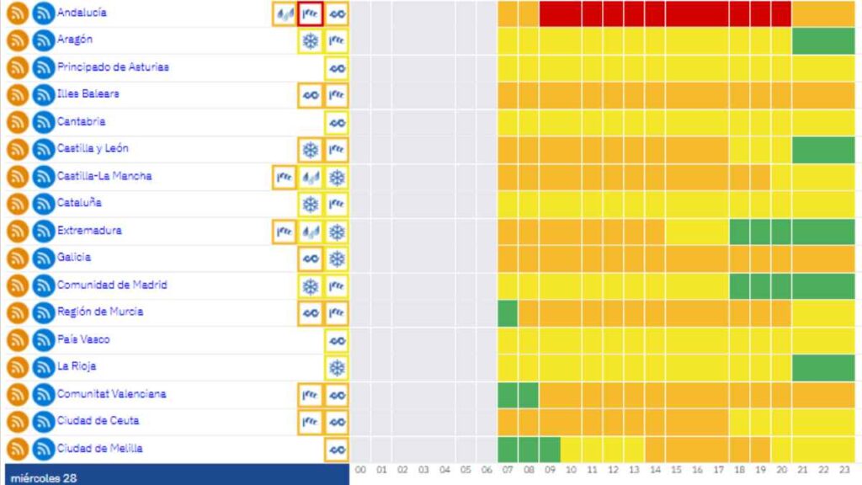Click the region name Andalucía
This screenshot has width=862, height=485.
pos(82,13)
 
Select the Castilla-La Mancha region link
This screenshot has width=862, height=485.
pos(104,177)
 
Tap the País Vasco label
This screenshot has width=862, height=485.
pos(83,339)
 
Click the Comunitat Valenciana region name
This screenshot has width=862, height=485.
pos(111,394)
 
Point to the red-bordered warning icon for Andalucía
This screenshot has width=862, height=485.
pos(311,13)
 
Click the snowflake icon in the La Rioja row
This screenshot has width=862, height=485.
pos(337,368)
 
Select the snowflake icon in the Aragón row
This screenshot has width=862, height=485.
pos(311,41)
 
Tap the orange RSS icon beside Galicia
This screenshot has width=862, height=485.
pos(17,258)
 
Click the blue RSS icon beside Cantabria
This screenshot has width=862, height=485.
pos(43,123)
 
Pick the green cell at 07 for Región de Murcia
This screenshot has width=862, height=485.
pos(508,313)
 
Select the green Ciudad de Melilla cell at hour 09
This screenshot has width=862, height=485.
pos(551,449)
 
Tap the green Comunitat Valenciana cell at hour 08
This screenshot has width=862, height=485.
pos(529,394)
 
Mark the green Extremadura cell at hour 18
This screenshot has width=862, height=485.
pos(740,232)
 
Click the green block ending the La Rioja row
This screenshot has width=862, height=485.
pos(823,367)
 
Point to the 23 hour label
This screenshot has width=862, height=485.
pos(845,470)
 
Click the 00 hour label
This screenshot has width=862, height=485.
pos(361,470)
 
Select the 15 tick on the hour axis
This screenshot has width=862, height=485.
pos(677,470)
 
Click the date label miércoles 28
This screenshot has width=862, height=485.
pos(44,477)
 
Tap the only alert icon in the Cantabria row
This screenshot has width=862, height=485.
pos(337,123)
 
